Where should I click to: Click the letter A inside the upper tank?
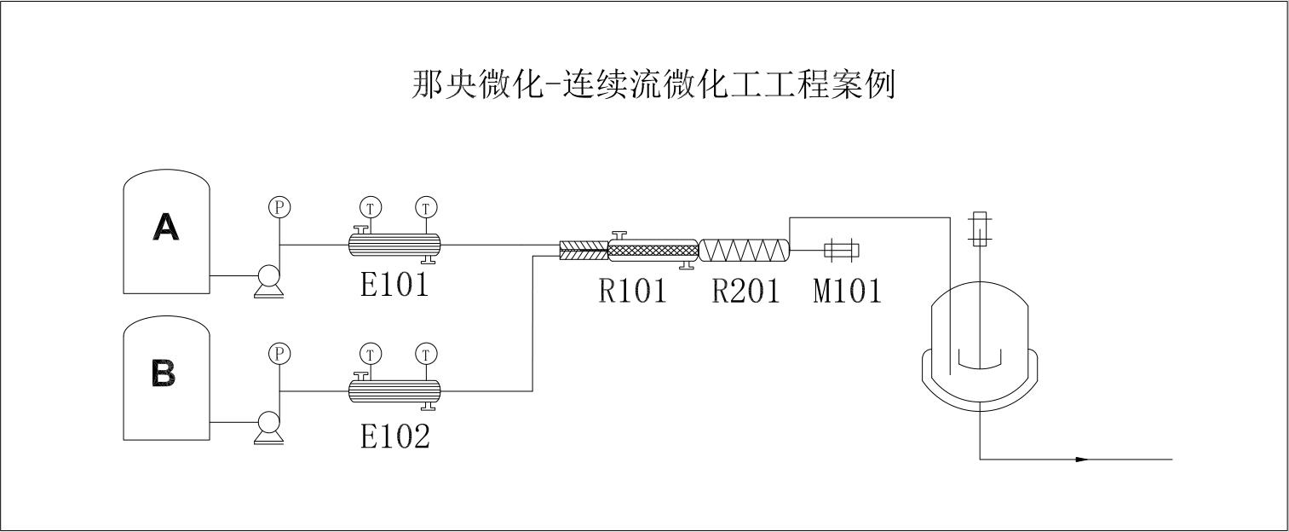[165, 228]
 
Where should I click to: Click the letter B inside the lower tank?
[164, 373]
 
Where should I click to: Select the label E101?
[394, 286]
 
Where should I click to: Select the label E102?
[394, 436]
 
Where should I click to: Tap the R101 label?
[631, 292]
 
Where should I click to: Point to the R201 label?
[745, 292]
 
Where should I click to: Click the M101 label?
[846, 292]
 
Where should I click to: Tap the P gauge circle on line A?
[279, 206]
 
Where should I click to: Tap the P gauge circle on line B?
[279, 353]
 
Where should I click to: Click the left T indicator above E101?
[370, 206]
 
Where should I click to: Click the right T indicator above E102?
[425, 353]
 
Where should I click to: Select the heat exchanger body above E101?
[394, 245]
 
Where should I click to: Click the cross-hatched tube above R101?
[653, 250]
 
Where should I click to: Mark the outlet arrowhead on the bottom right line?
[1082, 460]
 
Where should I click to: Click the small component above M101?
[842, 250]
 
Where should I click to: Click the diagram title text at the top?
[652, 85]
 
